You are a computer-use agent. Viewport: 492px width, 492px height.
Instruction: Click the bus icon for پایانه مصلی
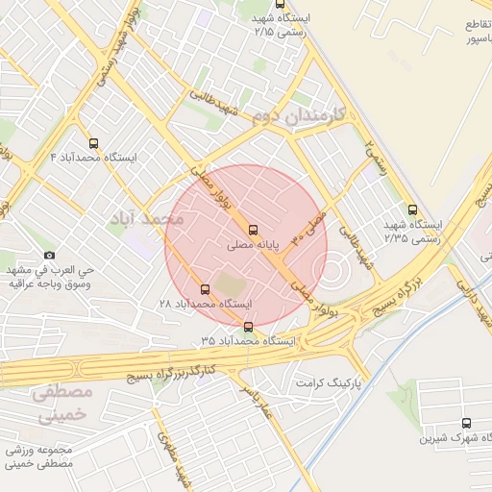(x=253, y=230)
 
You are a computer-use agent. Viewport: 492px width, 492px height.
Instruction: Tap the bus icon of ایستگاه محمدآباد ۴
(x=92, y=142)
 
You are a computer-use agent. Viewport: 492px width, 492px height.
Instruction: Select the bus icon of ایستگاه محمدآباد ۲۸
(x=204, y=288)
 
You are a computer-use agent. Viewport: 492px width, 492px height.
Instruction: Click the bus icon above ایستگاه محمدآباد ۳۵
(x=249, y=327)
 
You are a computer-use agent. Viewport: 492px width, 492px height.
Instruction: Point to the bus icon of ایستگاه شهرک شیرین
(x=467, y=423)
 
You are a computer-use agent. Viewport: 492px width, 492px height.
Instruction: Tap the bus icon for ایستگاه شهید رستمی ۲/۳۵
(x=413, y=209)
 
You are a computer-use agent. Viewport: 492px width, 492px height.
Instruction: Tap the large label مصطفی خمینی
(x=60, y=405)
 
